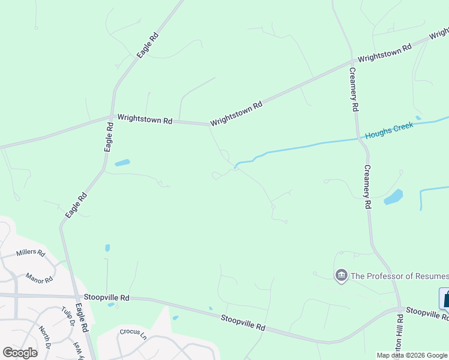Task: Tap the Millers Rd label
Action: tap(31, 253)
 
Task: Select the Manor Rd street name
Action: tap(40, 278)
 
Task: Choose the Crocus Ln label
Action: tap(133, 331)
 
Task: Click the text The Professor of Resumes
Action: tap(399, 276)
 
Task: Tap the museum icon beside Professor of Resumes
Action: tap(342, 275)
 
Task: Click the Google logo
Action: tap(20, 352)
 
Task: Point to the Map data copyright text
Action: tap(412, 355)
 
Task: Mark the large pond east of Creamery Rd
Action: tap(393, 197)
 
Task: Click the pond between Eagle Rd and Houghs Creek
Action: tap(122, 163)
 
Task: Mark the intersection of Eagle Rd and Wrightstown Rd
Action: tap(112, 116)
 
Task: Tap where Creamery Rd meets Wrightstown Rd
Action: tap(352, 62)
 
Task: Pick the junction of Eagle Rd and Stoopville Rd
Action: tap(76, 296)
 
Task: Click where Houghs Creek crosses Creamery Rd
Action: tap(361, 139)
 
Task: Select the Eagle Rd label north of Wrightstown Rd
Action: tap(147, 45)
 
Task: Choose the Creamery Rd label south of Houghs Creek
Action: tap(367, 187)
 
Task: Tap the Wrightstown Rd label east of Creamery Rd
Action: tap(384, 53)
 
